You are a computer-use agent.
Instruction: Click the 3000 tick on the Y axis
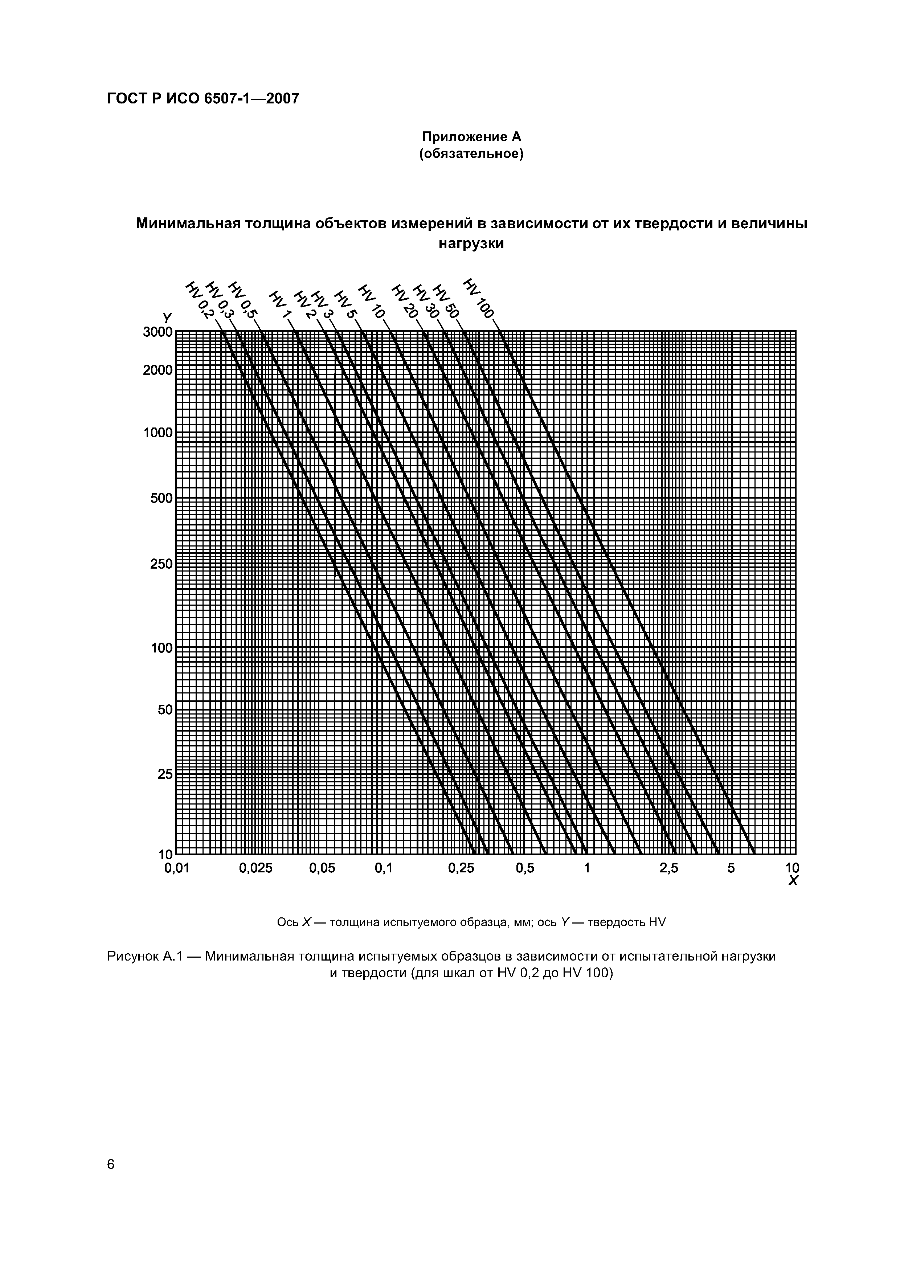(157, 332)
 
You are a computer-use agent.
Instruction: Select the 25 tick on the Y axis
(165, 774)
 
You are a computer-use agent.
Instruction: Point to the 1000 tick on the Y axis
(157, 433)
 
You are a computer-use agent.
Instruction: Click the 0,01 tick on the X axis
(177, 869)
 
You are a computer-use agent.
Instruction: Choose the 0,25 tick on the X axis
(461, 869)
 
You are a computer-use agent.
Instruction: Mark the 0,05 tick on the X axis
(322, 869)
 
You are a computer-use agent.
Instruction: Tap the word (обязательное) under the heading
(471, 154)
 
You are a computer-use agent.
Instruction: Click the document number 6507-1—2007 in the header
(251, 99)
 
